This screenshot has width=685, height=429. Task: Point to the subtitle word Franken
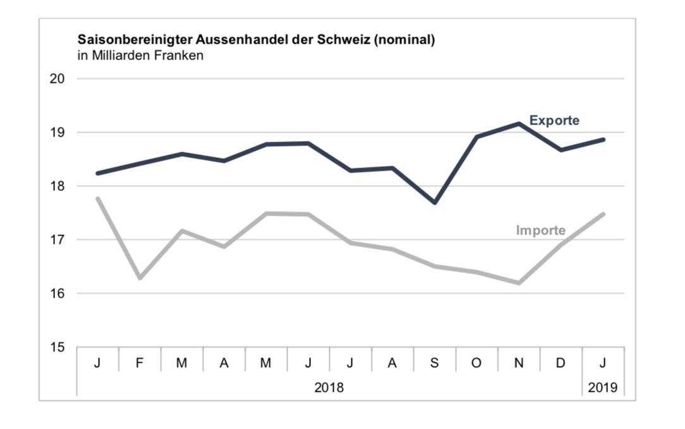click(179, 56)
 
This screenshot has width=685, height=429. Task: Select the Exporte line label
click(554, 120)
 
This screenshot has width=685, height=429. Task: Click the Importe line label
click(540, 230)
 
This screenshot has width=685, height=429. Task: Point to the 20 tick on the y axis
click(58, 78)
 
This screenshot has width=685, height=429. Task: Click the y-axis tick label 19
click(58, 133)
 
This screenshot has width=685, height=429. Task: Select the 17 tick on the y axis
click(58, 240)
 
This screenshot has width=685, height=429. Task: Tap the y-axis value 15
click(58, 347)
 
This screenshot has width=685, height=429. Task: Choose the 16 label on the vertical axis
click(58, 293)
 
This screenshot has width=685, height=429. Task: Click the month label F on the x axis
click(140, 363)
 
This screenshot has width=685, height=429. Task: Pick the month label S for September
click(434, 363)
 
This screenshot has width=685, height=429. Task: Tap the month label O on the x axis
click(476, 363)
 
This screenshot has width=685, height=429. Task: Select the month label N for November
click(519, 363)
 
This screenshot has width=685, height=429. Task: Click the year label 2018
click(329, 387)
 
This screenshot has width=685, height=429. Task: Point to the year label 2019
click(603, 387)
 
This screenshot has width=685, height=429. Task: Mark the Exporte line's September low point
click(435, 202)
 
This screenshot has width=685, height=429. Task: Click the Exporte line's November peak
click(519, 123)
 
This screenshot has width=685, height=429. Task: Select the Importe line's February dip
click(140, 278)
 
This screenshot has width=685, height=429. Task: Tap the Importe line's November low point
click(519, 283)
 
